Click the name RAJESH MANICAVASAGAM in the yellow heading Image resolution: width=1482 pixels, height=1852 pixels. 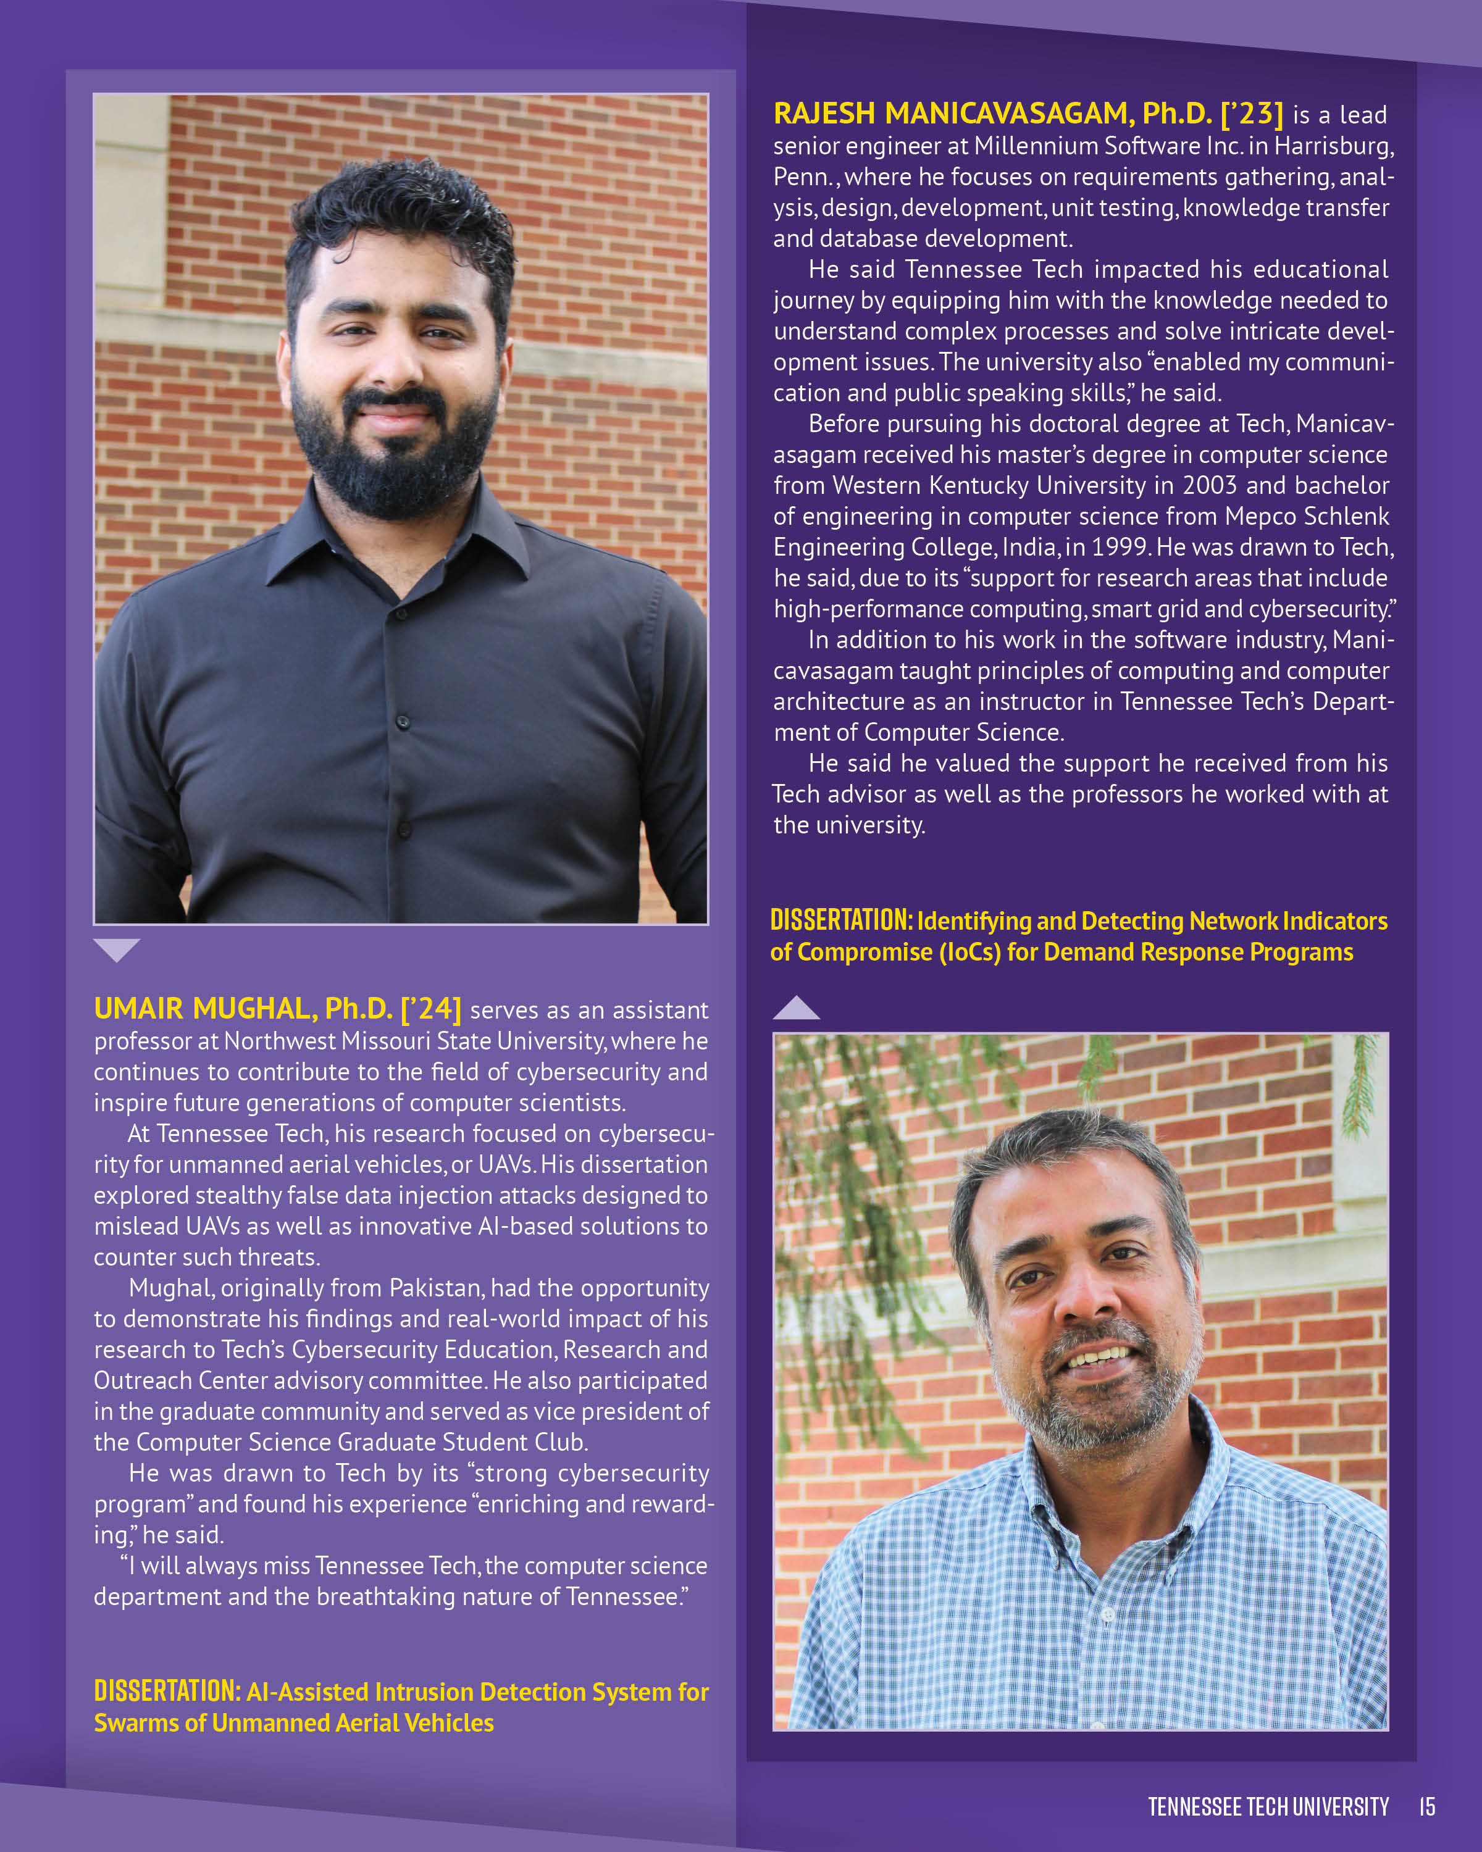pyautogui.click(x=953, y=114)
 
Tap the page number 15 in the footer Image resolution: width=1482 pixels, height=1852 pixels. pyautogui.click(x=1427, y=1806)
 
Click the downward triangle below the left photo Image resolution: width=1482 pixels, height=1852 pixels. pyautogui.click(x=117, y=949)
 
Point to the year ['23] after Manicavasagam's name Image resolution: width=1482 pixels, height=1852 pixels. pyautogui.click(x=1252, y=114)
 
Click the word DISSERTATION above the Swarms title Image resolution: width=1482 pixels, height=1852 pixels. pyautogui.click(x=167, y=1691)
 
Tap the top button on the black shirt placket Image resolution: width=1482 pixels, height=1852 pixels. pyautogui.click(x=400, y=614)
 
